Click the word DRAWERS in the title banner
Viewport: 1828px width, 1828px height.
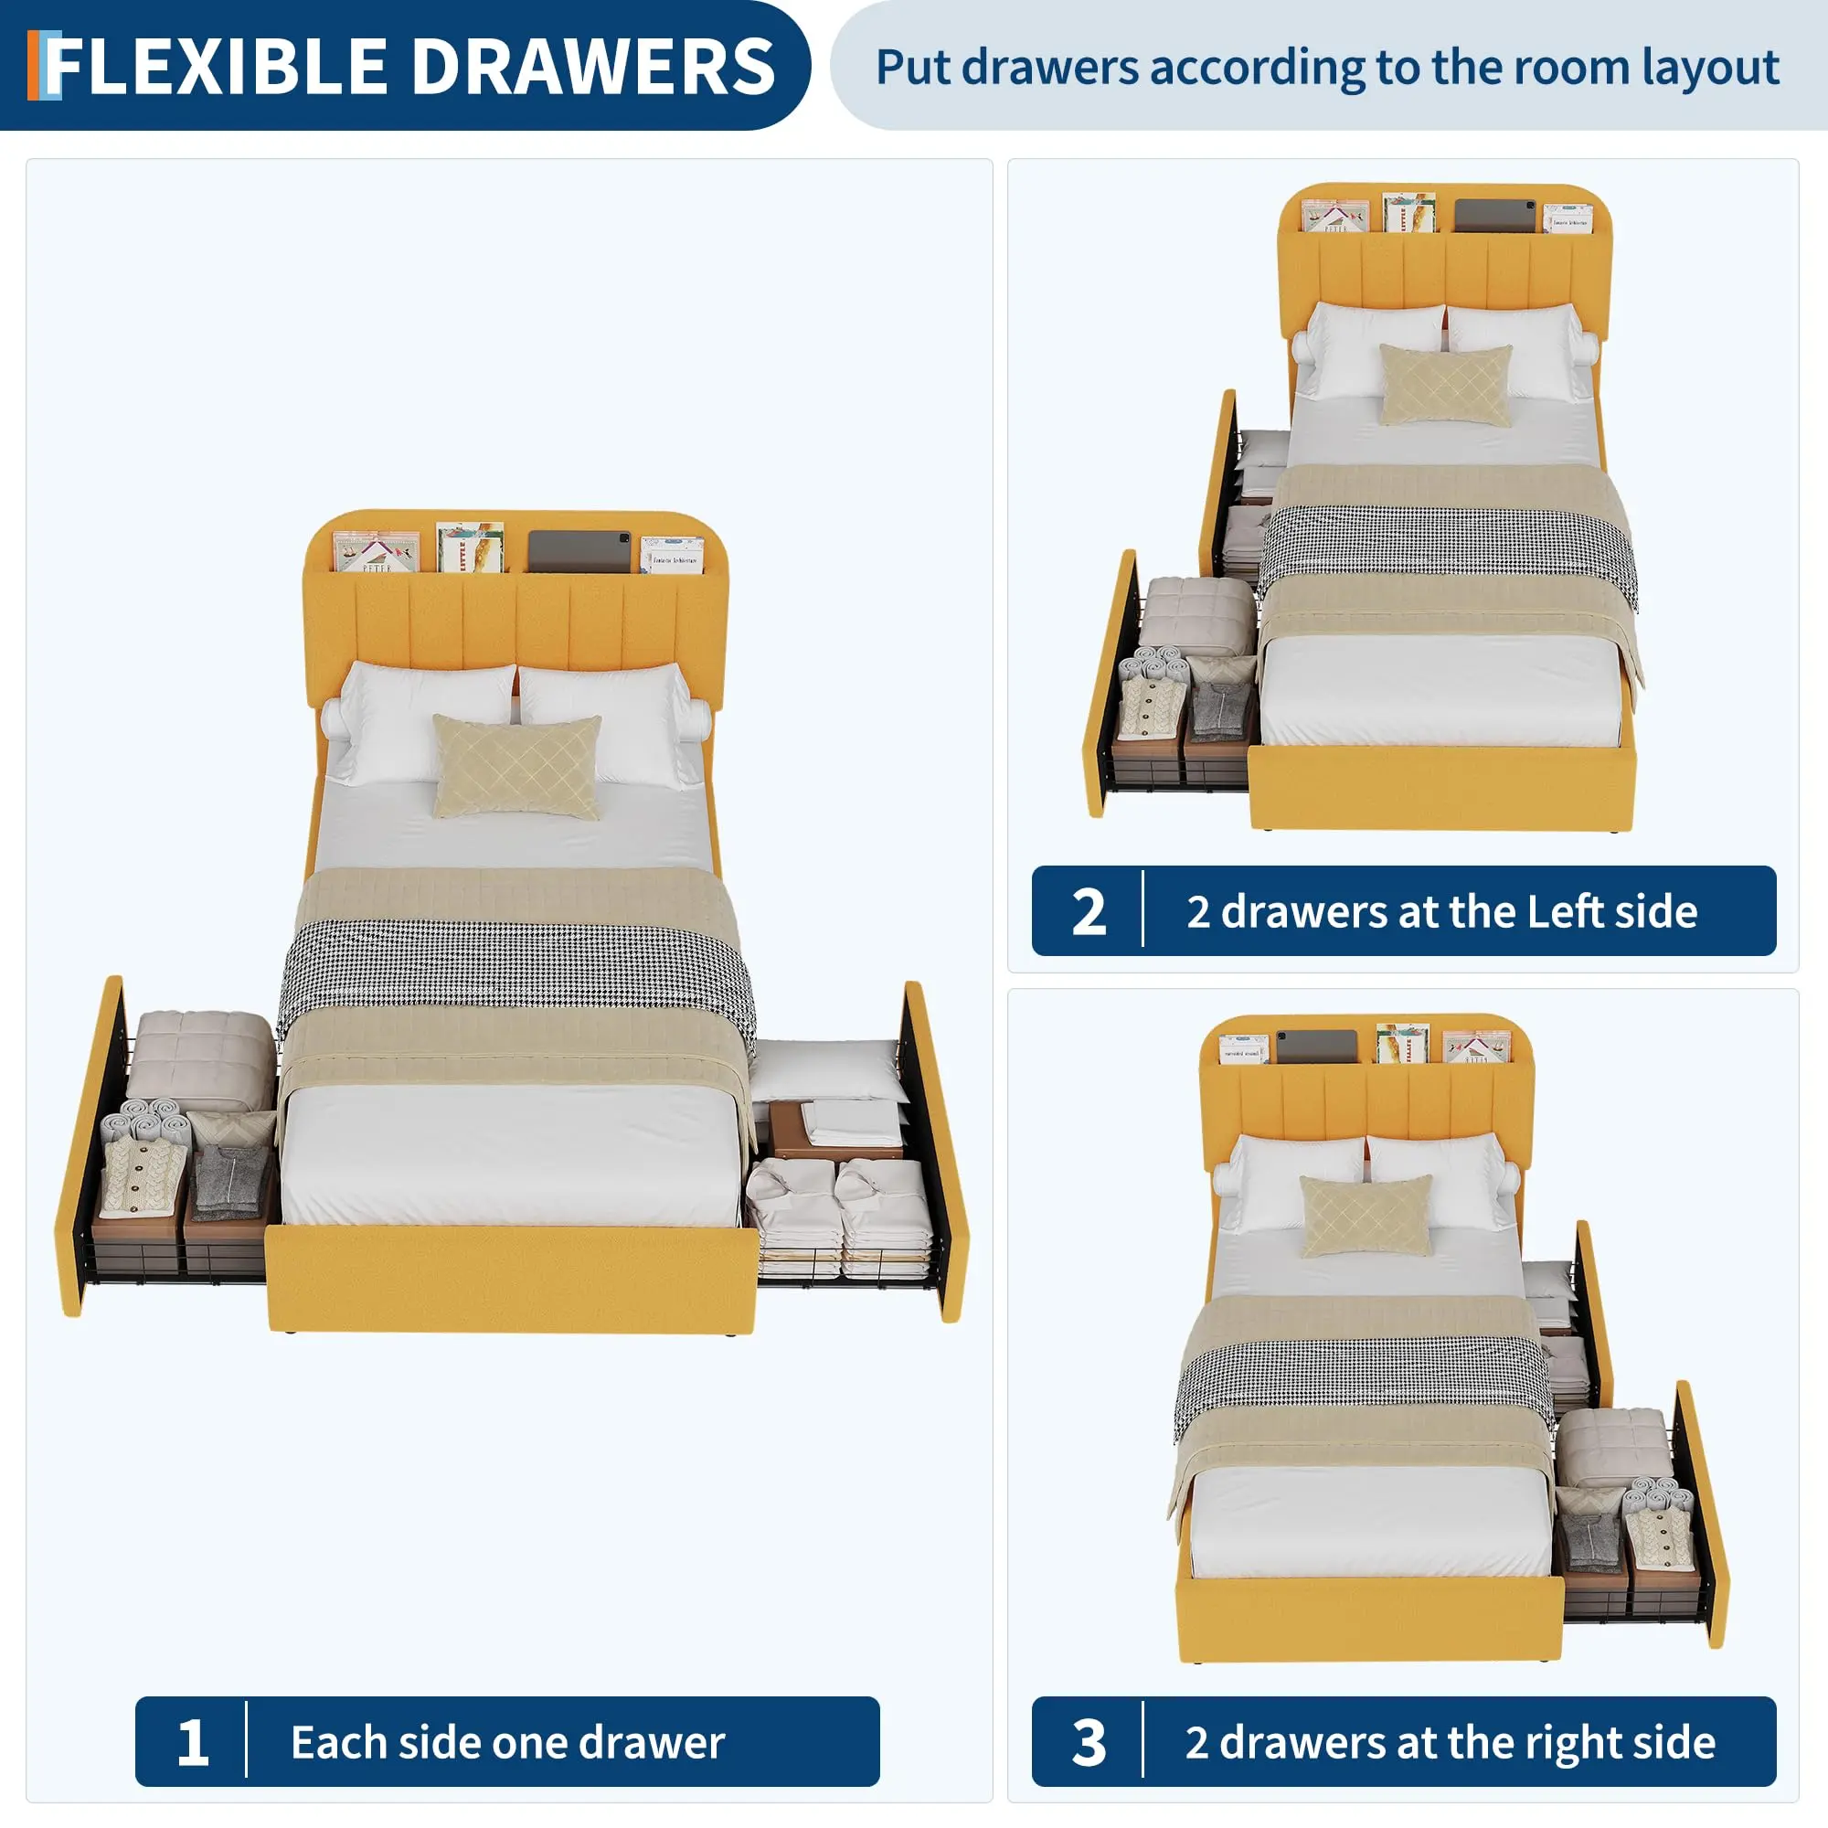593,66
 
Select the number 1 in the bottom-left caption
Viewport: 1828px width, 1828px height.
192,1743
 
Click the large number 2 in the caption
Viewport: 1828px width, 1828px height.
1089,912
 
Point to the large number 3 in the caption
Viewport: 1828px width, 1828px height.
1089,1743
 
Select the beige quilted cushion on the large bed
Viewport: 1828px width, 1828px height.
516,767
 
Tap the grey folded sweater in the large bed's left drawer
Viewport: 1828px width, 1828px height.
230,1183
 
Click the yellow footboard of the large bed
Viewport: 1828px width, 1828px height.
512,1279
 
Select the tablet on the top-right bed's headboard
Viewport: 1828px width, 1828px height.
1495,216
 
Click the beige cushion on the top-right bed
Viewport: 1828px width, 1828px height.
1445,384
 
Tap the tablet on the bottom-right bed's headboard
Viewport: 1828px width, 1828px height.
1317,1047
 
